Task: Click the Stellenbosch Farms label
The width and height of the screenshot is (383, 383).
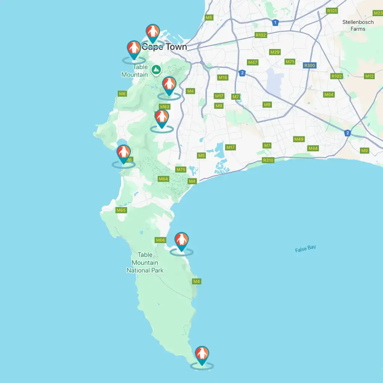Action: (x=358, y=25)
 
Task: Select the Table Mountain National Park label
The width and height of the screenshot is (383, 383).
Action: (x=145, y=263)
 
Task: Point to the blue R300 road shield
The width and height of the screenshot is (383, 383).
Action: (x=310, y=65)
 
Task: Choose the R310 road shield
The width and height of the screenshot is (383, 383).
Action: (x=268, y=160)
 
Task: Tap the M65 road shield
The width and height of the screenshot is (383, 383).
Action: (x=121, y=210)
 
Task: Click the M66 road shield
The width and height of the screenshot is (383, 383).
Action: (x=160, y=240)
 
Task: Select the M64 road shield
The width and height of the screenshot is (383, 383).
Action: (x=163, y=179)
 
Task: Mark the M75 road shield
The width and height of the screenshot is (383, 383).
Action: (x=181, y=169)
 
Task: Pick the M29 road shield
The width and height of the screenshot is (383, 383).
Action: (x=275, y=52)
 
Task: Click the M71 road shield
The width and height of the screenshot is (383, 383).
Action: (x=290, y=61)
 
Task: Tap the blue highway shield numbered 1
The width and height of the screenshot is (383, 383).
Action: (x=275, y=23)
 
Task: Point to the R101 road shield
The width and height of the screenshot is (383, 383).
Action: (x=332, y=11)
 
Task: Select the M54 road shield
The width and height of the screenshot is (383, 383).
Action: (x=329, y=95)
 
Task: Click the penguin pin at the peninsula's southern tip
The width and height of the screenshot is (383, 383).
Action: (x=202, y=354)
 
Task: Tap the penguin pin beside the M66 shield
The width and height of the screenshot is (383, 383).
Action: (x=181, y=240)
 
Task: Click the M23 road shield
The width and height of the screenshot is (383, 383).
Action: (x=378, y=13)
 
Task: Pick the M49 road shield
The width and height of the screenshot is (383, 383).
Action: (x=299, y=139)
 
